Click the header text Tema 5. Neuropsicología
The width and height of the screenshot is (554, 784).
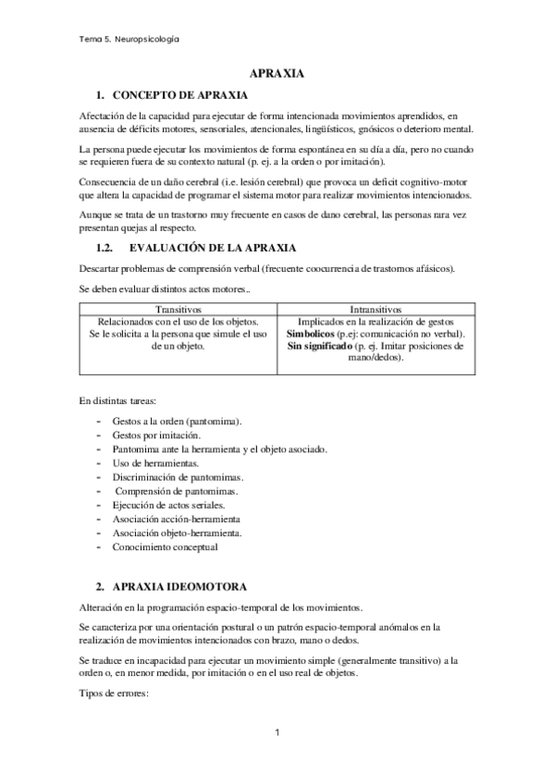point(129,41)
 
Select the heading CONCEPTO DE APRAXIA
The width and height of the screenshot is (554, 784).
point(179,95)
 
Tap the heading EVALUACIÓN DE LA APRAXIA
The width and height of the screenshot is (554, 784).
point(226,249)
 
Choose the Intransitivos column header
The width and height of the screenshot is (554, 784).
point(375,308)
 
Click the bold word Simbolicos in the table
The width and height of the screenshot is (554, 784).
point(314,333)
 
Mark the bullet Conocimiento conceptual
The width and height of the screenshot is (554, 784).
point(164,547)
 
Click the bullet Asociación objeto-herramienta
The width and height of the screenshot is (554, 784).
point(177,533)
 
